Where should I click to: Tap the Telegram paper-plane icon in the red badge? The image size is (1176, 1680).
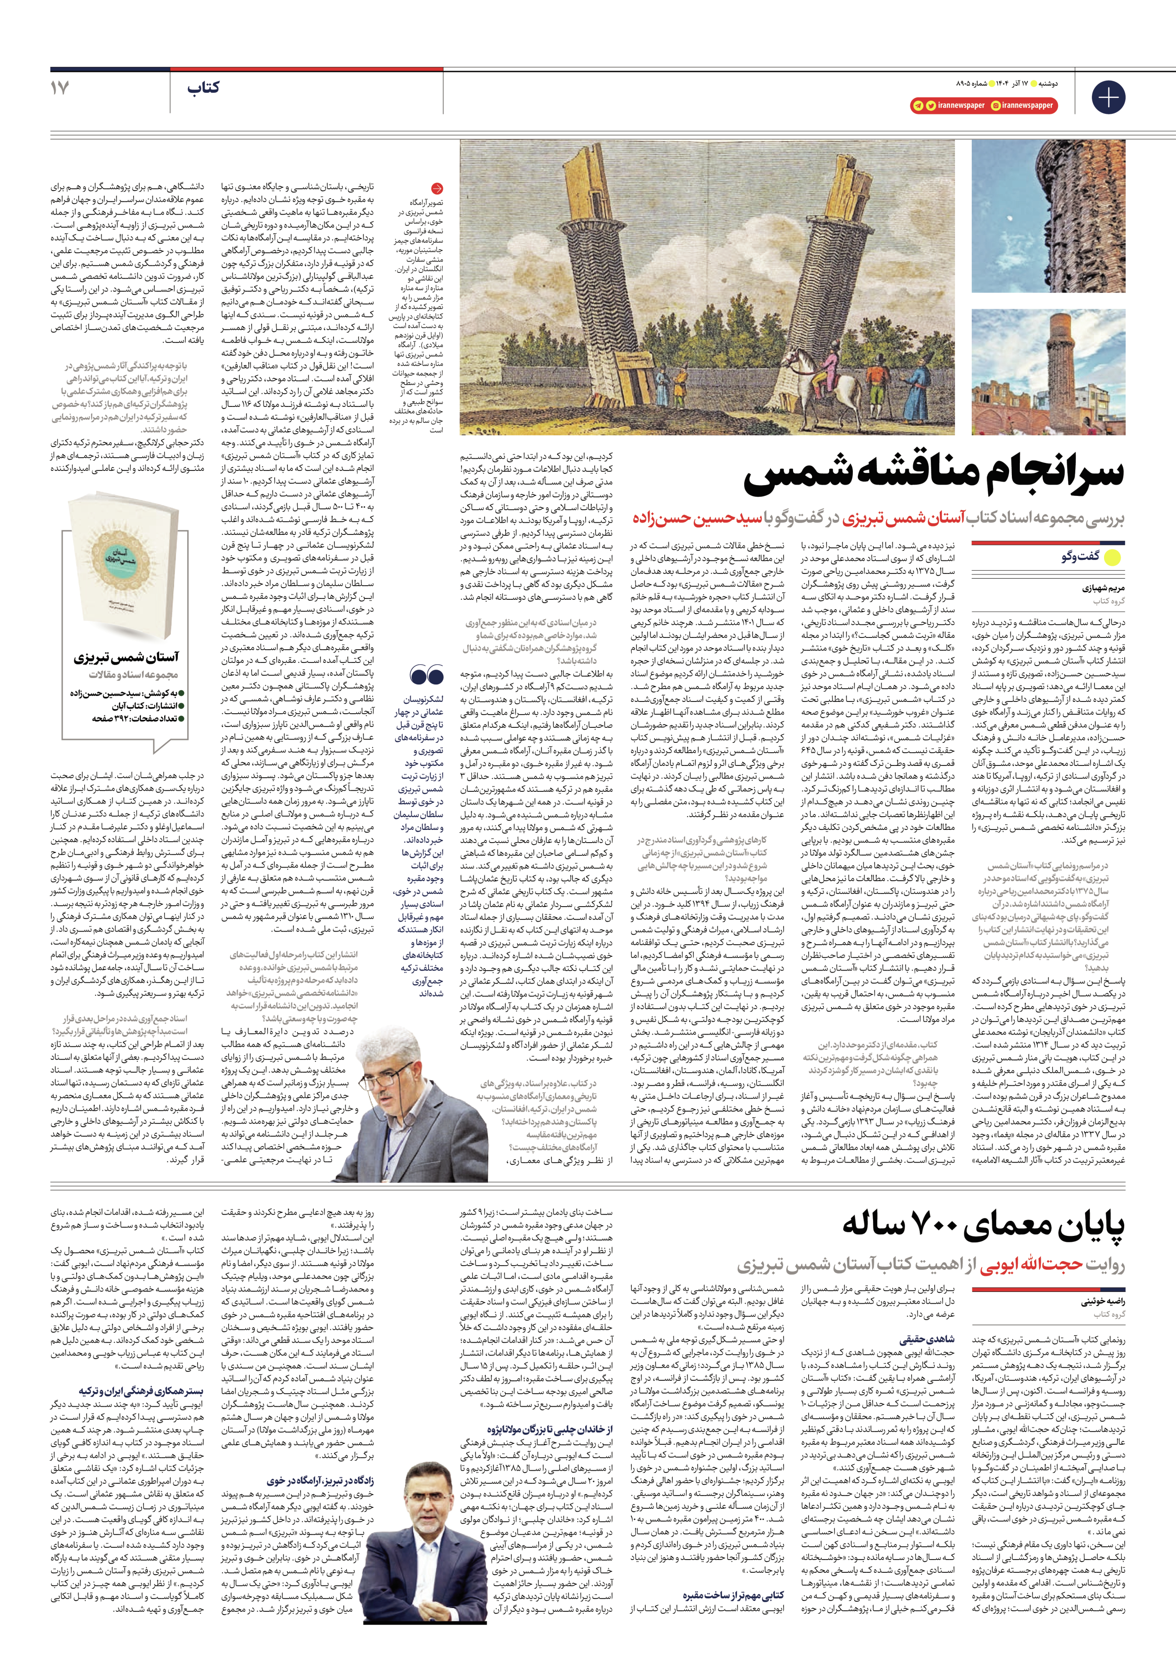[918, 105]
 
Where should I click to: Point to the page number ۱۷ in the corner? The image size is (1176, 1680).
[60, 88]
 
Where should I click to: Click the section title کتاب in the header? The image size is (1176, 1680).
[203, 88]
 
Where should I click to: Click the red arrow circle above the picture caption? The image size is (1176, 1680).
[437, 188]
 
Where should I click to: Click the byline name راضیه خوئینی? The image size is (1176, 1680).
[1103, 1302]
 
